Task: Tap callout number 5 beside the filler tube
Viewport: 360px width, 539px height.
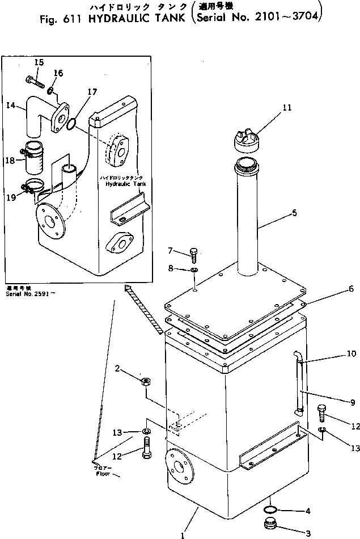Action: [294, 213]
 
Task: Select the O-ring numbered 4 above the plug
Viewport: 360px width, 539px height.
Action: [271, 509]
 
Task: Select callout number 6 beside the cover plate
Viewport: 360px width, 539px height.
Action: [351, 289]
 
